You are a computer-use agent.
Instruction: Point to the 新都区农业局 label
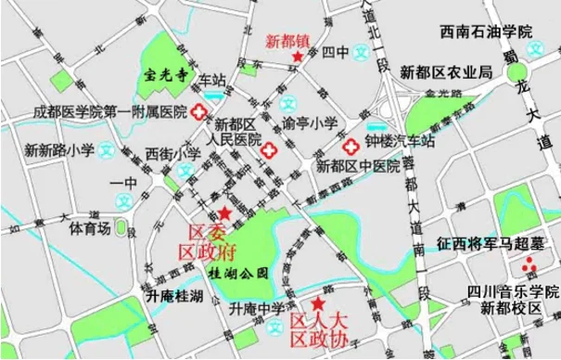pos(445,71)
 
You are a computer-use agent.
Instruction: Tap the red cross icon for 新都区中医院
pos(351,147)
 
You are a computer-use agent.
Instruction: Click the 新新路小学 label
pos(56,148)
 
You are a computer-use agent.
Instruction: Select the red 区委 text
pos(209,231)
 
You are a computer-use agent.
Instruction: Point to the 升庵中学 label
pos(257,309)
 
